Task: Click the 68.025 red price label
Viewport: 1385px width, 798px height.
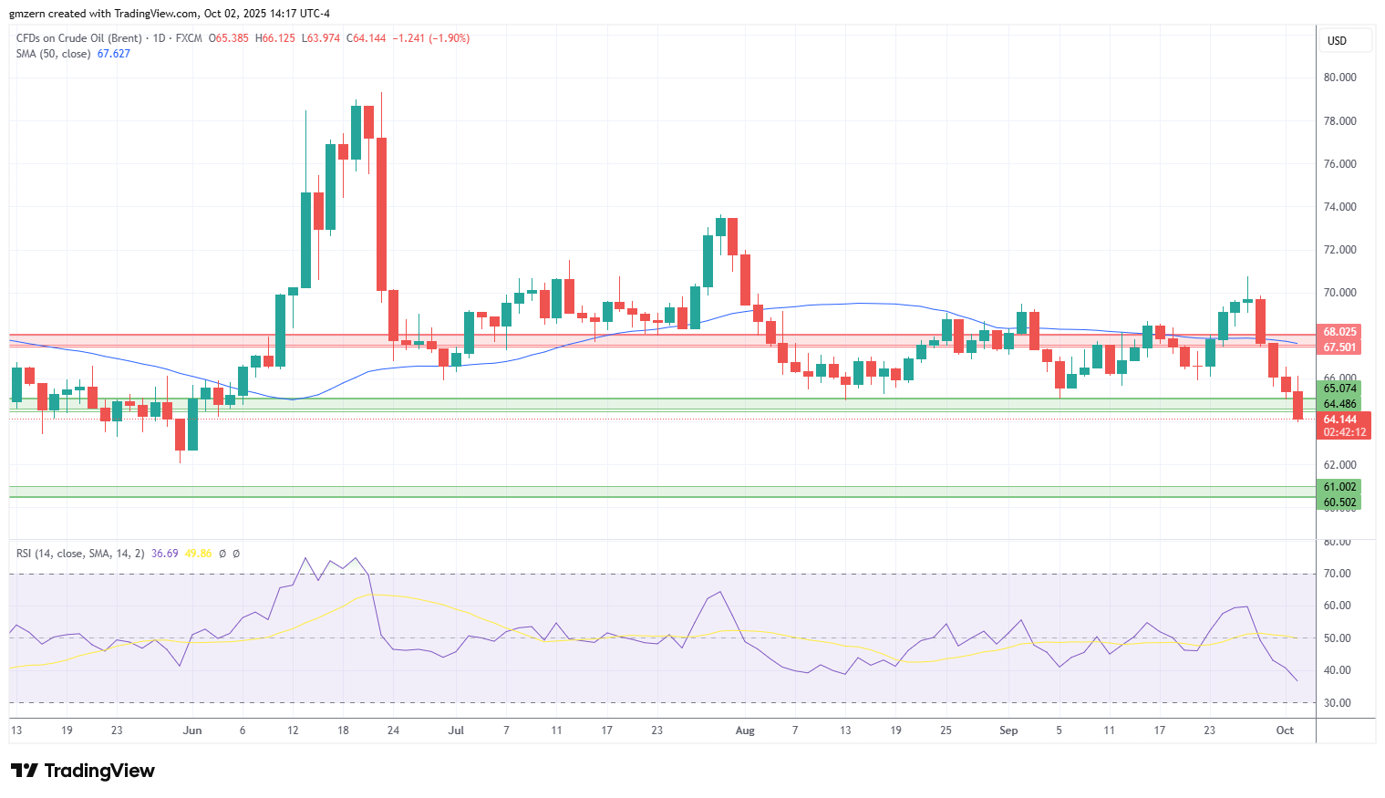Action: (1339, 332)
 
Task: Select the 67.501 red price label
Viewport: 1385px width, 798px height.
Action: (1339, 347)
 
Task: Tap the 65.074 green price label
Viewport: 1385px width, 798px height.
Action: (1339, 389)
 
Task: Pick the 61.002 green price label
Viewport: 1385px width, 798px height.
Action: (1339, 487)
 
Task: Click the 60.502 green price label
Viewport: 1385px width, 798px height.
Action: (1339, 503)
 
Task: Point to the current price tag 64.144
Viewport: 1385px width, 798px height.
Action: (1339, 420)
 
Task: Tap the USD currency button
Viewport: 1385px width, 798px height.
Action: (1337, 41)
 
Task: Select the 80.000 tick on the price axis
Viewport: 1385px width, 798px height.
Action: (1339, 78)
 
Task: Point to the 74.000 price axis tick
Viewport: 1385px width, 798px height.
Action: (1339, 207)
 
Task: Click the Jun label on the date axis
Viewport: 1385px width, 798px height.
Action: (192, 730)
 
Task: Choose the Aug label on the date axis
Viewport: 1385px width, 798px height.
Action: (745, 730)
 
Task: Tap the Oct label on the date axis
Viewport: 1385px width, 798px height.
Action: (1285, 730)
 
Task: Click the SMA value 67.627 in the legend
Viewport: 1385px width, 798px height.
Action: (114, 54)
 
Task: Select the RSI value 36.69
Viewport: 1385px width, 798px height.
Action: (164, 554)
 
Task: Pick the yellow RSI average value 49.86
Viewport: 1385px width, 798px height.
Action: (198, 554)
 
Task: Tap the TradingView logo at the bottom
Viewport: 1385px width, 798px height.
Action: (83, 771)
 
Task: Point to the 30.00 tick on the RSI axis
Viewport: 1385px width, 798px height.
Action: (1337, 703)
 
